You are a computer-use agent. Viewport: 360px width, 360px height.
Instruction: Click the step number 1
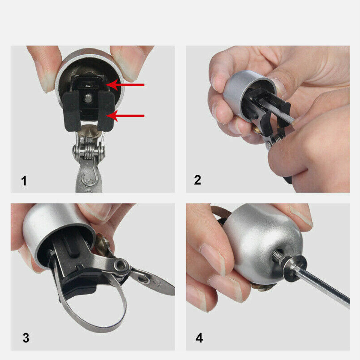(x=24, y=181)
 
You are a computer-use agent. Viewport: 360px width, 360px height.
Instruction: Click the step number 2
(x=197, y=180)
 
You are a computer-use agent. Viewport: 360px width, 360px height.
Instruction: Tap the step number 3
(x=26, y=338)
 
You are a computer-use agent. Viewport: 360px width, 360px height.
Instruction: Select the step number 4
(x=199, y=338)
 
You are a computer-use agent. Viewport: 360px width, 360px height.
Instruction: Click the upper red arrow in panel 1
(x=125, y=85)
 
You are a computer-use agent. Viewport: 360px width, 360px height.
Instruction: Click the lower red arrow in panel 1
(x=125, y=115)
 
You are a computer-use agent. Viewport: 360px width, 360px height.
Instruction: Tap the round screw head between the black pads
(x=88, y=98)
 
